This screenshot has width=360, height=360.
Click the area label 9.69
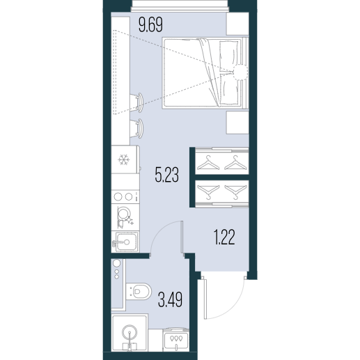point(150,25)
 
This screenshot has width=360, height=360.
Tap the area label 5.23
point(167,175)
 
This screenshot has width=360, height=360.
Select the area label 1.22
point(224,237)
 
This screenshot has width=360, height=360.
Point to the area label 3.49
point(170,300)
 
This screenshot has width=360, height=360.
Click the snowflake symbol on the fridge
point(124,159)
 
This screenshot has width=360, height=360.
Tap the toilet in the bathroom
point(139,291)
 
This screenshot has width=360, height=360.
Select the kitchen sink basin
point(125,242)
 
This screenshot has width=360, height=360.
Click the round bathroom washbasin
point(130,333)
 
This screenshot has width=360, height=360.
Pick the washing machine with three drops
point(176,339)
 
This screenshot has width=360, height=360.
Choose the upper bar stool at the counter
point(136,102)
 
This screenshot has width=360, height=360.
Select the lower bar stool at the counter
point(136,128)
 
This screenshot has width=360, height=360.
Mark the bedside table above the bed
point(237,24)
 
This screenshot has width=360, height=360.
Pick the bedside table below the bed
point(237,122)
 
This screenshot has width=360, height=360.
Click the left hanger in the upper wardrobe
point(208,163)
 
